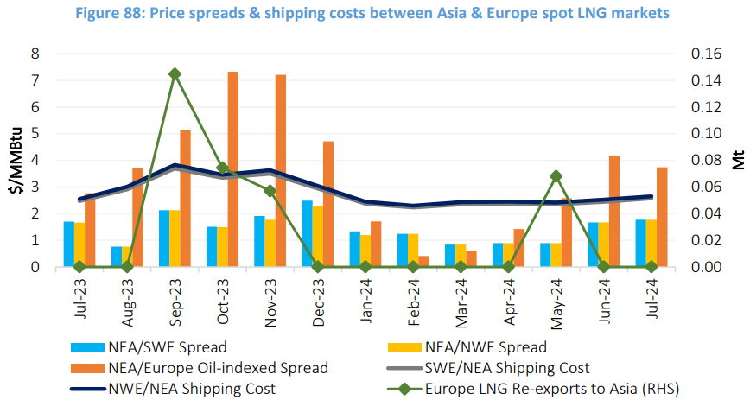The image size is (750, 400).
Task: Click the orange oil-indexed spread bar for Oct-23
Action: (x=233, y=169)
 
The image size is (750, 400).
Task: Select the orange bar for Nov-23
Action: (x=281, y=171)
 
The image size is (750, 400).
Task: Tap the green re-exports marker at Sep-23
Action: (x=175, y=74)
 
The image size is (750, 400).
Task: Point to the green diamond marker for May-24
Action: (x=556, y=176)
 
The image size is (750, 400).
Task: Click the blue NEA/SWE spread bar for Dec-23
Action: (x=307, y=234)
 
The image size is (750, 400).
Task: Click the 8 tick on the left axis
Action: (x=35, y=54)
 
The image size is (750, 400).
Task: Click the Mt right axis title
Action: (x=736, y=162)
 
